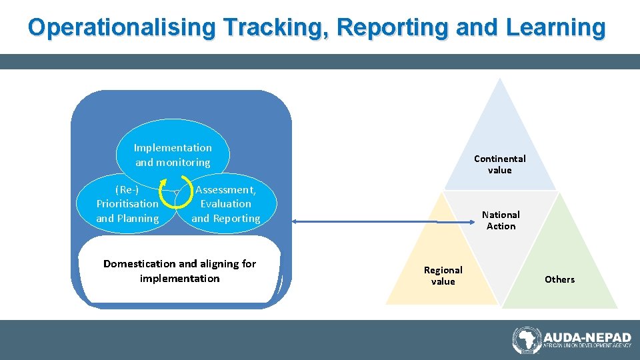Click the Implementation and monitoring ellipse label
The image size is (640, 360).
[173, 155]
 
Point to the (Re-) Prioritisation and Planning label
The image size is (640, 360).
[127, 204]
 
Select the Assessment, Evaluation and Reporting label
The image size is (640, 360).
[225, 204]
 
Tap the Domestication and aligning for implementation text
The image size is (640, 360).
[179, 271]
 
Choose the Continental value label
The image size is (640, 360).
[499, 164]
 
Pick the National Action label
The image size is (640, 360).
[501, 220]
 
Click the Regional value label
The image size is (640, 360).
[443, 275]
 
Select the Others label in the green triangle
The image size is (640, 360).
[559, 279]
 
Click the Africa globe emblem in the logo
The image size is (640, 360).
[526, 340]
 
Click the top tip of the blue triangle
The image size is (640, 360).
[500, 80]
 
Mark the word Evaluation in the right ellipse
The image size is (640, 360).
[225, 204]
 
